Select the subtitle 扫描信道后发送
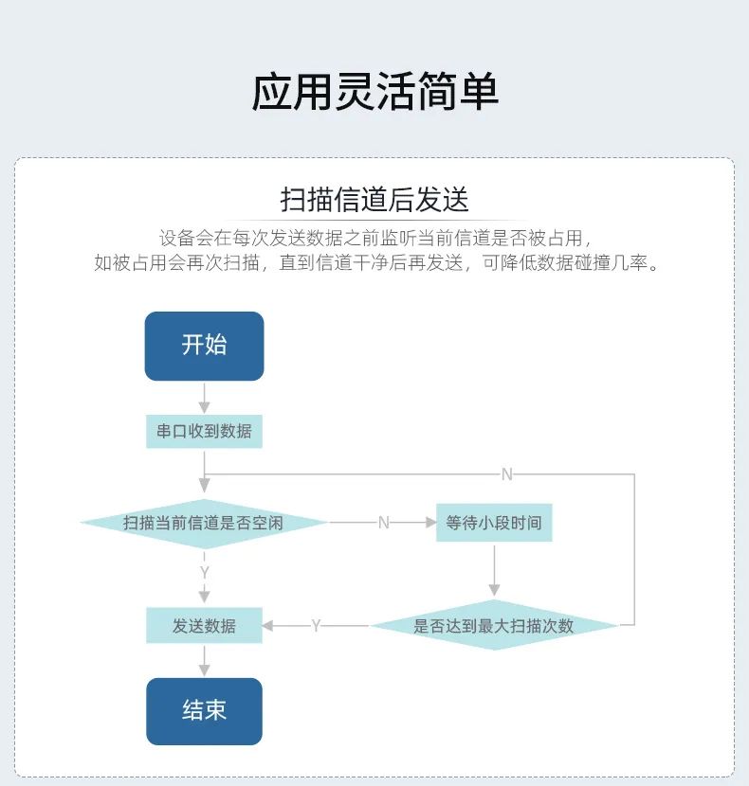[374, 201]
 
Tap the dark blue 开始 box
[204, 346]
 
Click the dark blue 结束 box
[204, 711]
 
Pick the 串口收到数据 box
[204, 431]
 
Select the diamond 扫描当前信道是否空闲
[204, 523]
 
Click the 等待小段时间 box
[493, 523]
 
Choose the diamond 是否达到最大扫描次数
[493, 626]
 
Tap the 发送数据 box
[204, 626]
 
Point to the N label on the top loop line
[506, 474]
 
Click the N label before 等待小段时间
[383, 523]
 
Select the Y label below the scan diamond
[204, 573]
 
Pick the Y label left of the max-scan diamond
[316, 626]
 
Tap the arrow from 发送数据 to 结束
[204, 661]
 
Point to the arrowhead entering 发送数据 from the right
[268, 626]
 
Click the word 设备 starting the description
[175, 238]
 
